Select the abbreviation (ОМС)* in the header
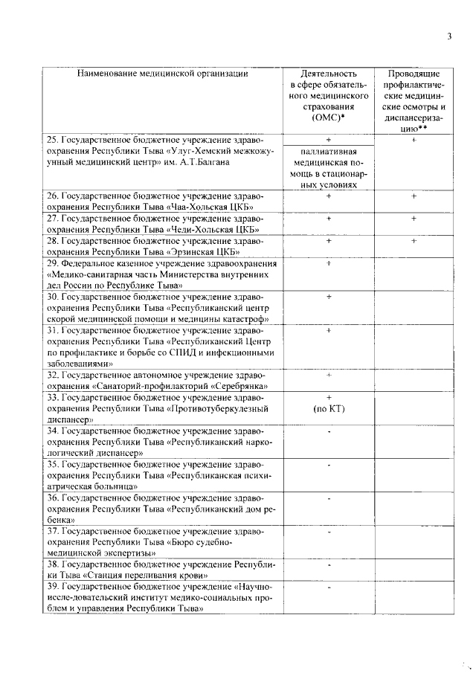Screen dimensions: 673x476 point(328,117)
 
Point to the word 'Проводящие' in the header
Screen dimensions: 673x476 point(414,74)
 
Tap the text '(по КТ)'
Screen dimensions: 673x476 point(328,409)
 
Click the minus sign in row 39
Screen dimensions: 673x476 point(328,587)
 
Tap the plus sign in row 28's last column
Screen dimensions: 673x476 point(414,241)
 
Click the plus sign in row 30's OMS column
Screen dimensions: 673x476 point(328,297)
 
